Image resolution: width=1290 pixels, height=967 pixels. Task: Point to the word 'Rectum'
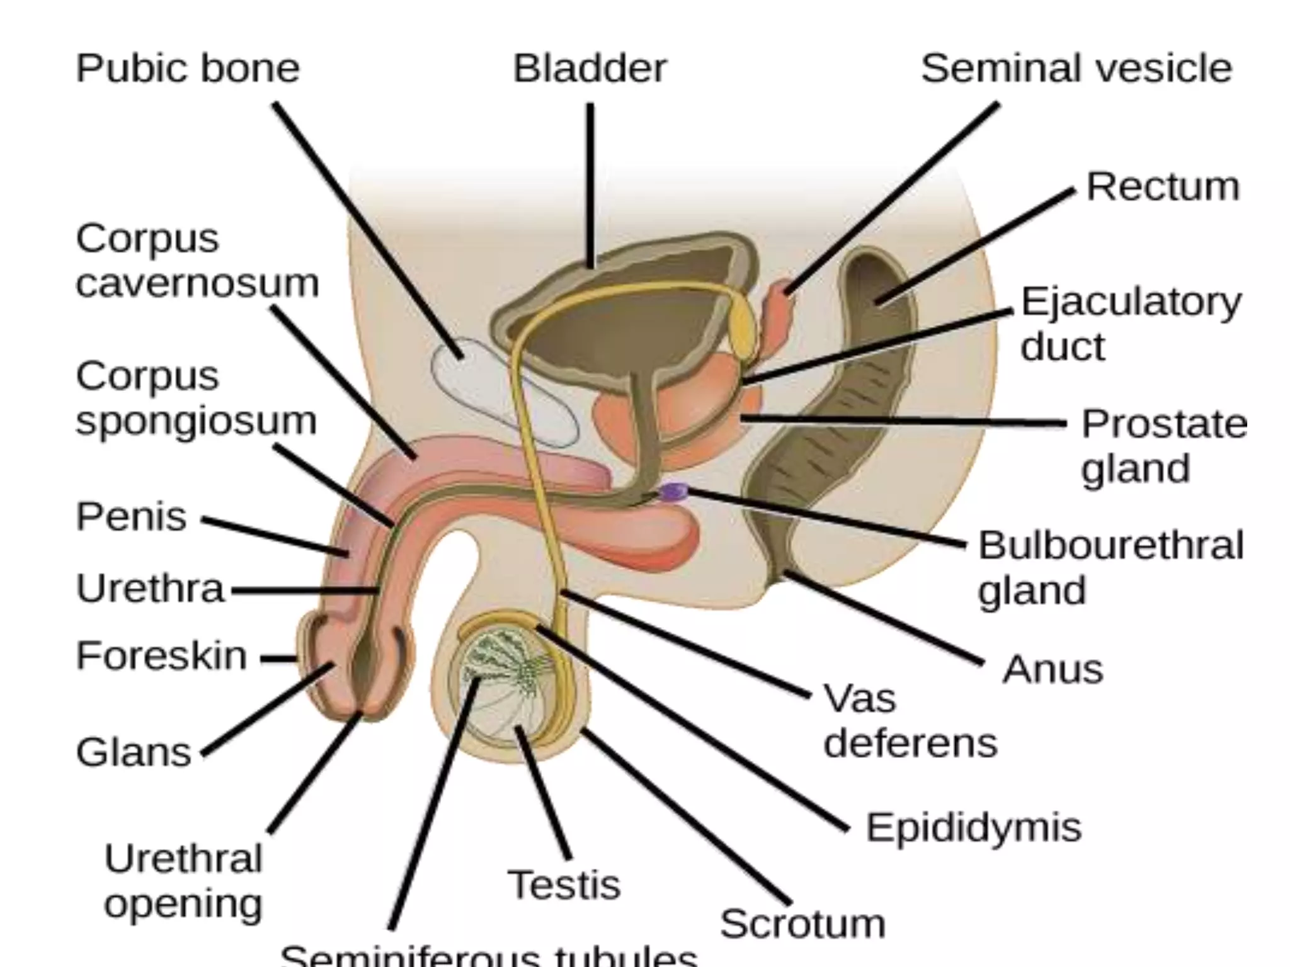click(1163, 187)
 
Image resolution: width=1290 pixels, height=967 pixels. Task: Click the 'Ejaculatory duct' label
click(1130, 324)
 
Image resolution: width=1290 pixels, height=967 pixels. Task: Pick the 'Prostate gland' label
click(1163, 446)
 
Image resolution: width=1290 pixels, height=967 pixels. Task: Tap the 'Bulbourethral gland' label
click(1110, 567)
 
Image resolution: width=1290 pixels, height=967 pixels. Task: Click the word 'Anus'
click(1053, 669)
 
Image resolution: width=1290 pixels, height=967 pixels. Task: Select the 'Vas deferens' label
click(910, 721)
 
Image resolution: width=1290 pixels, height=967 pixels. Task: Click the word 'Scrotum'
click(802, 924)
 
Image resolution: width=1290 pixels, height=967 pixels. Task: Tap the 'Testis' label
click(564, 885)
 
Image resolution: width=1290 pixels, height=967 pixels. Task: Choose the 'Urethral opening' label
click(183, 881)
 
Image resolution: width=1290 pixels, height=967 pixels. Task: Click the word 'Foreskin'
click(161, 655)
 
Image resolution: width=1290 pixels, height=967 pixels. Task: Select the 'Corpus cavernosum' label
click(197, 261)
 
